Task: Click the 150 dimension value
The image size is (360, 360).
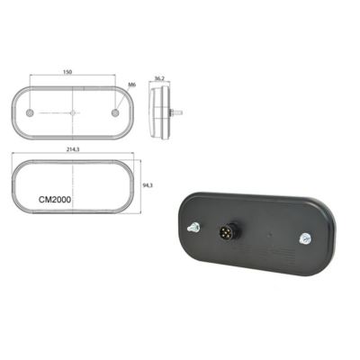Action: coord(67,72)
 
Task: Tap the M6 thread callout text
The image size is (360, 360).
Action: coord(131,85)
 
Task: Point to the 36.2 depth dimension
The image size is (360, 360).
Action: coord(159,78)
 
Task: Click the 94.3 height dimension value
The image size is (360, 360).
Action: coord(148,185)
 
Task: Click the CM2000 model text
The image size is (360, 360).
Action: coord(55,200)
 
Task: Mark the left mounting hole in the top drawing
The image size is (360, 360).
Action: coord(30,113)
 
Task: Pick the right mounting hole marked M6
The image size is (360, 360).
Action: coord(115,113)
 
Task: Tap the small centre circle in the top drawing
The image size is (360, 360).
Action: coord(73,113)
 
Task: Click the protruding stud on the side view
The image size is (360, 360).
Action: coord(176,113)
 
